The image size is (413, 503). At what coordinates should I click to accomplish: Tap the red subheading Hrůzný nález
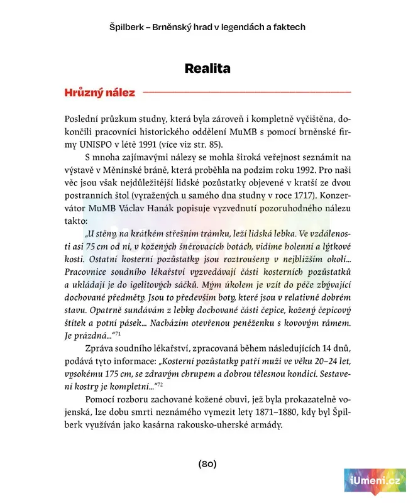click(99, 93)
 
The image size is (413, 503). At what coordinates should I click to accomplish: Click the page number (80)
click(207, 464)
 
